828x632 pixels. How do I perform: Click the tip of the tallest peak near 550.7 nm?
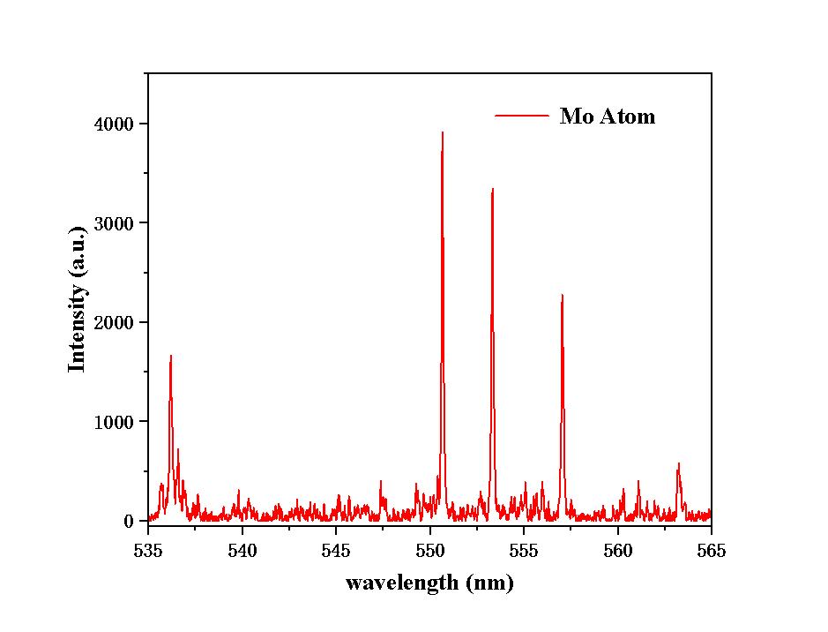click(x=442, y=132)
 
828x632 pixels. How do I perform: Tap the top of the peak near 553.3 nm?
click(x=492, y=189)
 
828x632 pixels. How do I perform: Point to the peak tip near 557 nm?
click(x=562, y=295)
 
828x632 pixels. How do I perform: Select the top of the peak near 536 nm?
click(x=170, y=356)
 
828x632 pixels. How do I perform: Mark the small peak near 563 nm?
click(x=678, y=463)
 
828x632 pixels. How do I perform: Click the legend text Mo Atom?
click(x=607, y=117)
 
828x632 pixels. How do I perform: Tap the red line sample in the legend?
click(x=522, y=116)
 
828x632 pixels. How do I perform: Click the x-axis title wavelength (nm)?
click(x=429, y=583)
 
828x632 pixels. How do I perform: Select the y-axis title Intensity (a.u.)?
click(x=78, y=298)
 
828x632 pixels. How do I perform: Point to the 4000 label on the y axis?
click(x=115, y=124)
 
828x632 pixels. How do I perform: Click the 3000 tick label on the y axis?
click(x=115, y=223)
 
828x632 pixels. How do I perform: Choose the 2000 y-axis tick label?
click(x=115, y=323)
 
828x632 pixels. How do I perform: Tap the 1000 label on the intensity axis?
click(x=115, y=422)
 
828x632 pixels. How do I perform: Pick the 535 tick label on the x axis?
click(x=148, y=551)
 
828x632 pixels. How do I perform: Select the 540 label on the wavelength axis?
click(x=242, y=551)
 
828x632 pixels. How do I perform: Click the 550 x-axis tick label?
click(x=429, y=551)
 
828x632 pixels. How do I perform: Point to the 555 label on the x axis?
click(x=524, y=551)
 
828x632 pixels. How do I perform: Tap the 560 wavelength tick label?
click(x=617, y=551)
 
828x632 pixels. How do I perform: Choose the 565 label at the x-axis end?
click(x=711, y=551)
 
